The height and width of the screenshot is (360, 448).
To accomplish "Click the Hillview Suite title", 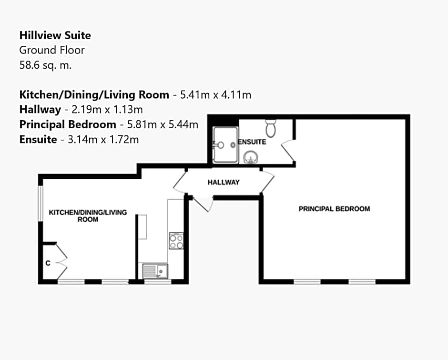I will coord(55,35).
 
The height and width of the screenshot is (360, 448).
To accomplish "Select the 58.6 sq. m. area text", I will coord(45,65).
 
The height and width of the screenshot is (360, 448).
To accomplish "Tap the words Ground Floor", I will coord(51,50).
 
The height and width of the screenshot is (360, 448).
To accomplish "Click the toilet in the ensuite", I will coord(271,127).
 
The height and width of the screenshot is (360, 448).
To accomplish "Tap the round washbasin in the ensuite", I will coord(251,156).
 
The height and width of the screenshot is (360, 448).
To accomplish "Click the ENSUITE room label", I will coord(253,142).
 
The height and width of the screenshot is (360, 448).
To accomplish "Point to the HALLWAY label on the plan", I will coord(224,182).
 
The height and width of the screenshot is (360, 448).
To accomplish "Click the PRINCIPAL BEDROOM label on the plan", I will coord(334,209).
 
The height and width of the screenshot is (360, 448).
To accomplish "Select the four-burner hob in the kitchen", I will coord(176,241).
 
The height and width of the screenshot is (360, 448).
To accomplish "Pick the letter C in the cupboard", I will coord(48,263).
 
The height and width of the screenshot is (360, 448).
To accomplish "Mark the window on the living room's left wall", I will coord(41,204).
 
